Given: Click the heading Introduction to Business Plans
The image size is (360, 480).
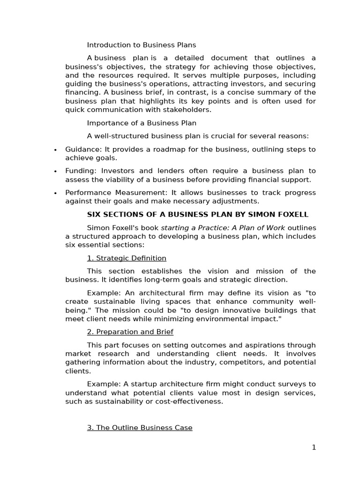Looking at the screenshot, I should [x=142, y=45].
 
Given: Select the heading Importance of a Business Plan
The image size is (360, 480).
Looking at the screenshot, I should [x=142, y=123].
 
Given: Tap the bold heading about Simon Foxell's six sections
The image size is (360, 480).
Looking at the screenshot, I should [x=198, y=214].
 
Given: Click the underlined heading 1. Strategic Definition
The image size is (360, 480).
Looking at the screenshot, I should [x=127, y=258].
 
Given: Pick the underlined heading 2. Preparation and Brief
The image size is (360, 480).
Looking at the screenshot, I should [x=130, y=331].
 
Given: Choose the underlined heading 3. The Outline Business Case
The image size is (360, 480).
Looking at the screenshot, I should [x=140, y=427].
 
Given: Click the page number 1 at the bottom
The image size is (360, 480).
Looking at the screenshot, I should [x=314, y=447].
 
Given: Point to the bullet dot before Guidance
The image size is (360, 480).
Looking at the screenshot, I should [x=55, y=150].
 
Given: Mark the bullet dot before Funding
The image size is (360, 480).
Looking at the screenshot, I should [x=55, y=172].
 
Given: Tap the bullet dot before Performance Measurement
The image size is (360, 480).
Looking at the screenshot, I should [x=55, y=193].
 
